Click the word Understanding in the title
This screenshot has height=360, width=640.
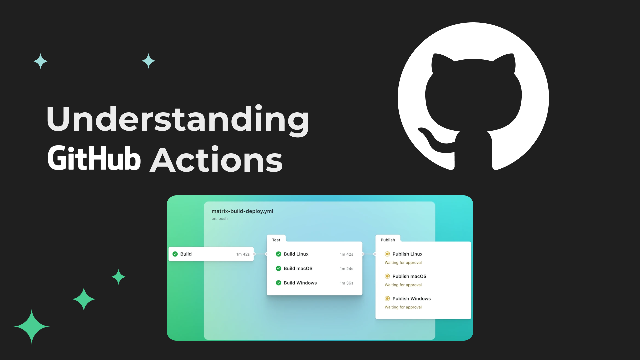pyautogui.click(x=178, y=119)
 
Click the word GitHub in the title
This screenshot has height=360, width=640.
pyautogui.click(x=94, y=159)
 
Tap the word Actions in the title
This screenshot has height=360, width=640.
pyautogui.click(x=216, y=160)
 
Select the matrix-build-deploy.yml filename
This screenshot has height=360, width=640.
pyautogui.click(x=242, y=211)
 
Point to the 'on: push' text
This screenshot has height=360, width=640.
pyautogui.click(x=219, y=219)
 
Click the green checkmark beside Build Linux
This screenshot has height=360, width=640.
pyautogui.click(x=279, y=254)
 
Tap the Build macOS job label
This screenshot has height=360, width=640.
pyautogui.click(x=298, y=268)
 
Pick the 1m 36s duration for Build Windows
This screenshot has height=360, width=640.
pyautogui.click(x=346, y=283)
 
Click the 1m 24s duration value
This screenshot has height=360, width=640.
pyautogui.click(x=346, y=269)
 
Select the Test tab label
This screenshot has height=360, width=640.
pyautogui.click(x=276, y=240)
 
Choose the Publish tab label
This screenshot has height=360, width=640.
pyautogui.click(x=388, y=240)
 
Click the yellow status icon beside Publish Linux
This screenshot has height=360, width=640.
pyautogui.click(x=387, y=254)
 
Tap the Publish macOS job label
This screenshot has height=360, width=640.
pyautogui.click(x=409, y=276)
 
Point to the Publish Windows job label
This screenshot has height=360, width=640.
pyautogui.click(x=411, y=299)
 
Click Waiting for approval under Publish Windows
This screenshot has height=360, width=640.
pyautogui.click(x=403, y=307)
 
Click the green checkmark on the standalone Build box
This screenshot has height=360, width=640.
pyautogui.click(x=175, y=254)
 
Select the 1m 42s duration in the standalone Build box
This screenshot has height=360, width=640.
pyautogui.click(x=243, y=254)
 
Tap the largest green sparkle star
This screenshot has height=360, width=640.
pyautogui.click(x=32, y=326)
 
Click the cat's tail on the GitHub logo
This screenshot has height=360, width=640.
pyautogui.click(x=432, y=138)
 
